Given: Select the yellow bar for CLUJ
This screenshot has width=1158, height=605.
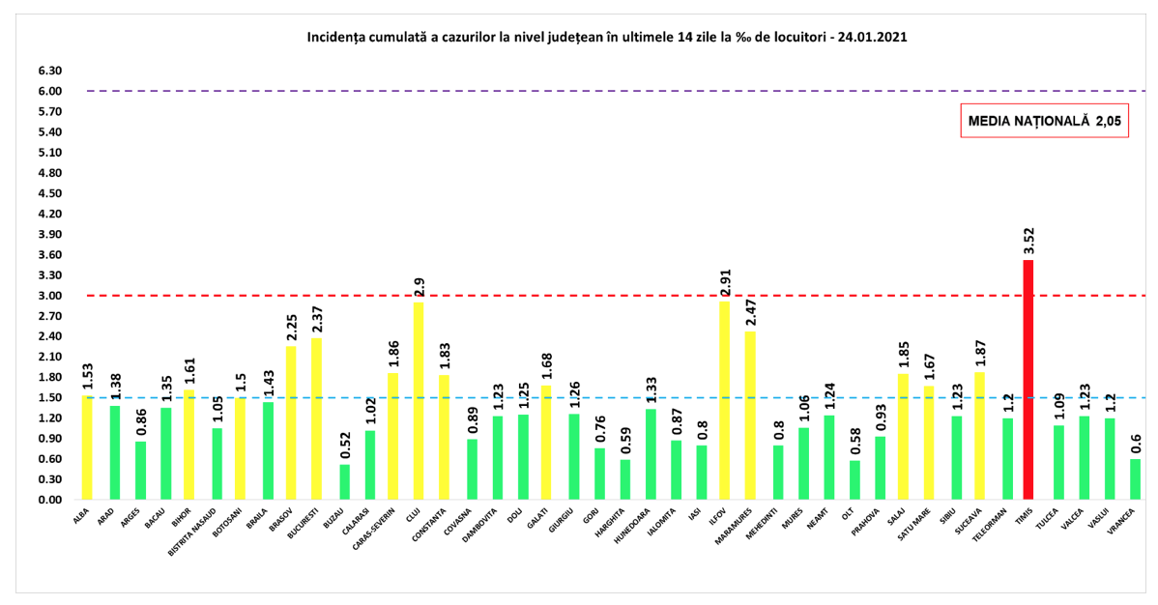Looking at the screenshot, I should tap(419, 401).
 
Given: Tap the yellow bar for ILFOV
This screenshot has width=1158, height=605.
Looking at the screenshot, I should tap(724, 400).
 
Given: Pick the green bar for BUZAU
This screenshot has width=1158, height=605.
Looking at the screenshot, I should tap(344, 482).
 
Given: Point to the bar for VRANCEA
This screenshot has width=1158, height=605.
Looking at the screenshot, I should tap(1135, 479).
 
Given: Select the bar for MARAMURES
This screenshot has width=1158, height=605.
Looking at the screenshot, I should tap(750, 416).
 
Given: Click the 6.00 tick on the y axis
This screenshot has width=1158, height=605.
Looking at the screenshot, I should tap(49, 92).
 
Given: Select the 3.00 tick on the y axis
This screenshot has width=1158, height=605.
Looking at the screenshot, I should tap(49, 296).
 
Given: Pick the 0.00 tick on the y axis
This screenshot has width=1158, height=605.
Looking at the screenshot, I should tap(49, 501).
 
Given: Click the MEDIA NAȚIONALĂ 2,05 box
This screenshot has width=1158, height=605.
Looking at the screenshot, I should tap(1044, 121).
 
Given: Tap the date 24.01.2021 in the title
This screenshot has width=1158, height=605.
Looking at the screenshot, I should tap(872, 38).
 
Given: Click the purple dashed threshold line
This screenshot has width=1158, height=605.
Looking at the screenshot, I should tap(580, 91).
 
